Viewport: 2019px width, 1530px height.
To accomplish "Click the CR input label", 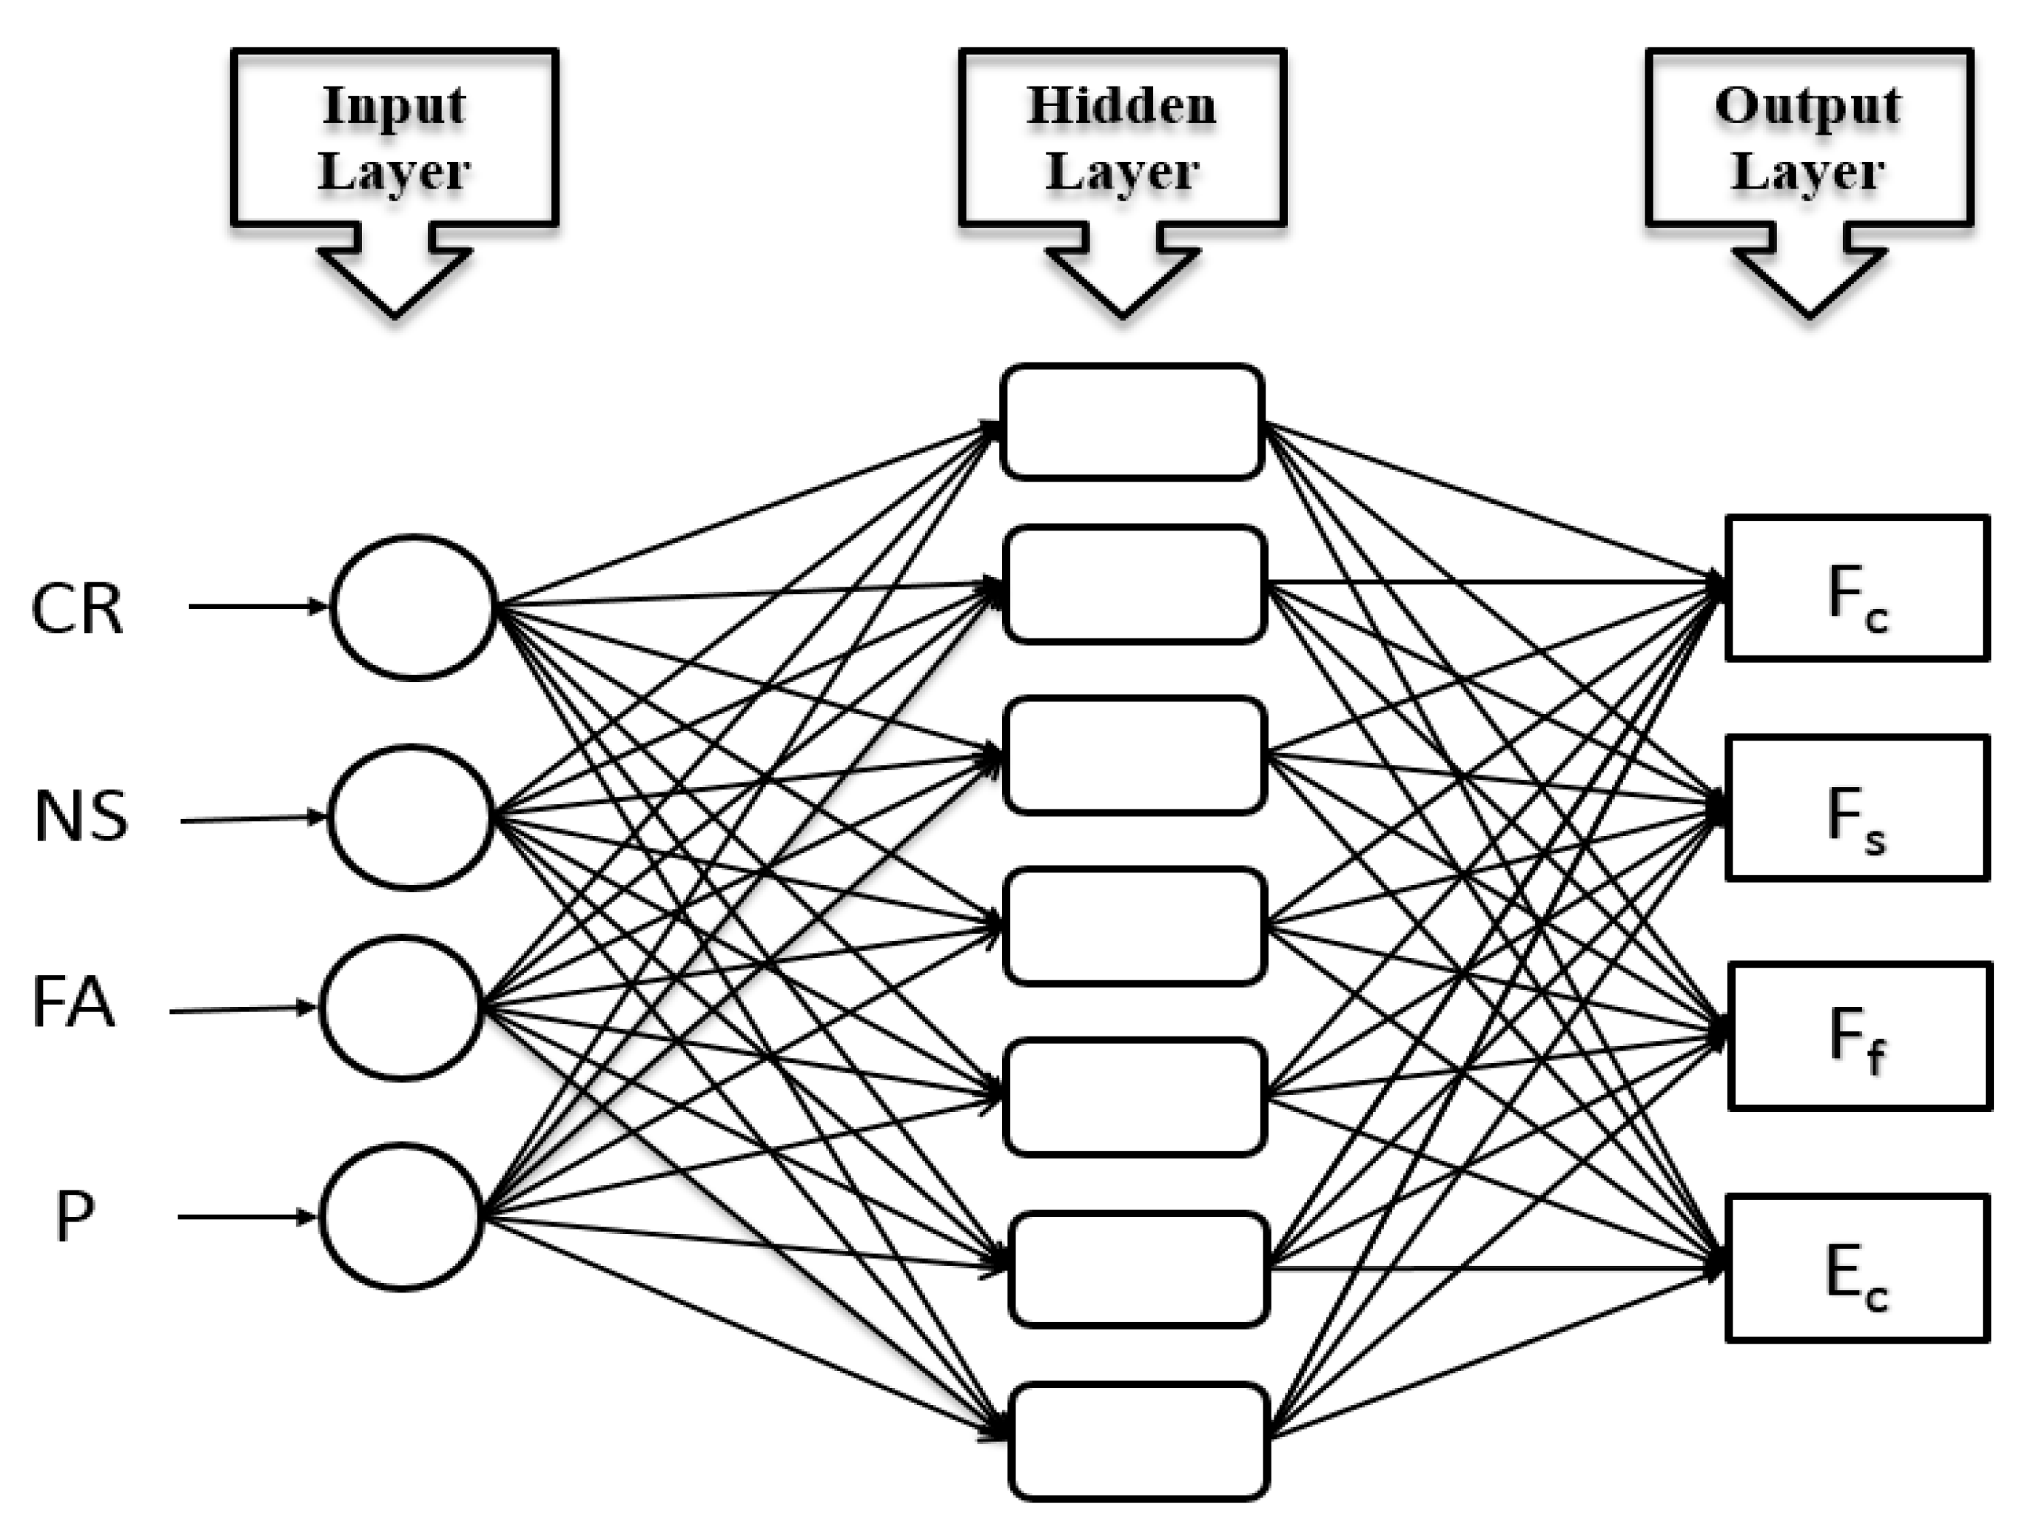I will tap(77, 610).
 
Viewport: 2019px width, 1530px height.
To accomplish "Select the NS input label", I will tap(81, 817).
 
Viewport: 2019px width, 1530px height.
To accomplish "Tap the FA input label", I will tap(73, 1003).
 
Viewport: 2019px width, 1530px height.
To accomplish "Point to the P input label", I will tap(74, 1218).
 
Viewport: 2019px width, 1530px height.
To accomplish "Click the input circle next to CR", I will tap(412, 607).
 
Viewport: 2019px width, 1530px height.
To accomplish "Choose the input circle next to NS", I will tap(410, 817).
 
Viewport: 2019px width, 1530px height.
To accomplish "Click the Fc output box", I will tap(1856, 587).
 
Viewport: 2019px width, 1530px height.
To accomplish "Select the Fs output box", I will tap(1856, 806).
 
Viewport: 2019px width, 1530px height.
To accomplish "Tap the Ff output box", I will tap(1859, 1036).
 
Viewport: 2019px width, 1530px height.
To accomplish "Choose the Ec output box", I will tap(1856, 1268).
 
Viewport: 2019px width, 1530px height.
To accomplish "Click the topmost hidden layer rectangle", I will tap(1132, 422).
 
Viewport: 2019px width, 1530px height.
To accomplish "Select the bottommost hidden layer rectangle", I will tap(1138, 1441).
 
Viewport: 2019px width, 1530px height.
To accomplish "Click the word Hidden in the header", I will tap(1122, 106).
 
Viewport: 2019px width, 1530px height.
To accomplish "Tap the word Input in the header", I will tap(394, 106).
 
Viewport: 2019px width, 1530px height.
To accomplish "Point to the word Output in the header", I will tap(1808, 106).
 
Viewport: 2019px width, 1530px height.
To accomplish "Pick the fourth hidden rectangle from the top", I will tap(1135, 927).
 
